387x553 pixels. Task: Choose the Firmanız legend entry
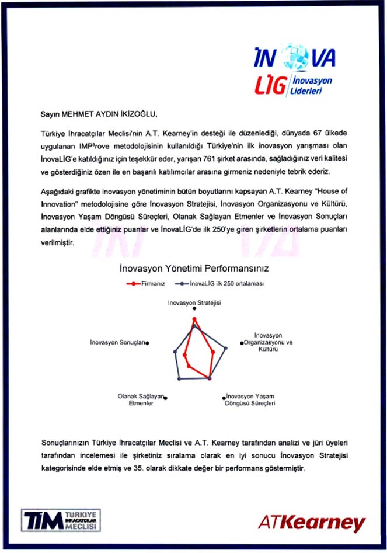click(x=147, y=283)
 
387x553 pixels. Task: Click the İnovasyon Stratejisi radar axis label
click(x=194, y=304)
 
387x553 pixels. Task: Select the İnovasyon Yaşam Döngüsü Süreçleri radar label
click(x=250, y=399)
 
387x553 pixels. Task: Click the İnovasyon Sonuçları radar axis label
click(x=117, y=342)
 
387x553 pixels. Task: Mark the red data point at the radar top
click(x=194, y=319)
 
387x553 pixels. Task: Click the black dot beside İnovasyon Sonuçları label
click(x=147, y=343)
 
